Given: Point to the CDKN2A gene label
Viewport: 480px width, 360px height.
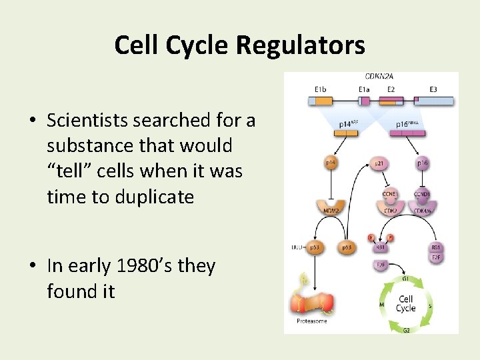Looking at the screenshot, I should (x=379, y=77).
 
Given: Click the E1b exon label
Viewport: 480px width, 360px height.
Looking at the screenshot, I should (x=321, y=89).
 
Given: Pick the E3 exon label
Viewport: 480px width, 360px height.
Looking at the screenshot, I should (x=433, y=89).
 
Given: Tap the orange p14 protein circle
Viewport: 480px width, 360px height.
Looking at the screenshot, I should (x=331, y=163).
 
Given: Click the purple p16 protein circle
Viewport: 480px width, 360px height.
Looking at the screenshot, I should (x=423, y=163).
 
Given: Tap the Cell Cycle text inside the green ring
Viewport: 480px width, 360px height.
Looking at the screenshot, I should (x=405, y=303).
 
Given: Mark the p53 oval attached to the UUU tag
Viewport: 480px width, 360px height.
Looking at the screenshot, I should (x=314, y=247).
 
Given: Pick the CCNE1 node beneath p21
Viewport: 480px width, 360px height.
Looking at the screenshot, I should (x=389, y=194).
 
